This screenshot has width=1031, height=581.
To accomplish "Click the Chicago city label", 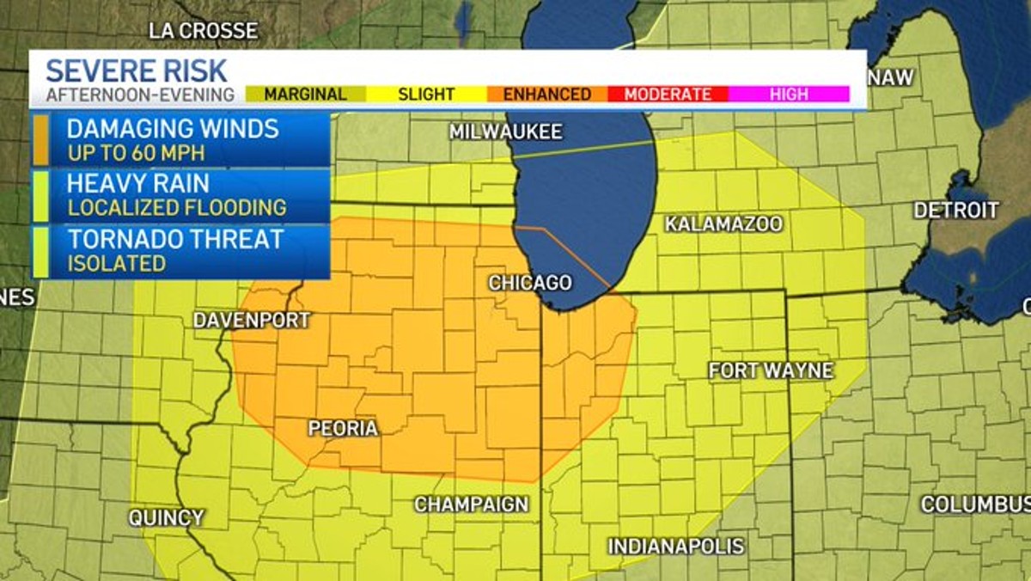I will tap(530, 283).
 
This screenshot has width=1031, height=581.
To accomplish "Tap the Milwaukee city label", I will tap(505, 132).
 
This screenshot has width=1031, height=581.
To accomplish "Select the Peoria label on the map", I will tap(343, 428).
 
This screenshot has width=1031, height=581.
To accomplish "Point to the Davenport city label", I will tap(251, 321).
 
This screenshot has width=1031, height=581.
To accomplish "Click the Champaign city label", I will tap(472, 505).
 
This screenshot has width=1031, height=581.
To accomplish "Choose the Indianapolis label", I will tap(676, 547).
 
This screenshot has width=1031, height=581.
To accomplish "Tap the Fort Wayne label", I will tap(771, 371).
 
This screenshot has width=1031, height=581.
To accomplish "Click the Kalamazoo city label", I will tap(723, 224).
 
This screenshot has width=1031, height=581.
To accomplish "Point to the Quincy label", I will tap(167, 518).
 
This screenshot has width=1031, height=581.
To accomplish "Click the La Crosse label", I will tap(203, 31).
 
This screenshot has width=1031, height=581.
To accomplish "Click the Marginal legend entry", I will tap(305, 95).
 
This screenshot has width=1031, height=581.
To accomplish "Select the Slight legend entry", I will tap(426, 95).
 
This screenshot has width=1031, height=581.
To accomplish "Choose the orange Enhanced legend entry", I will tap(546, 95).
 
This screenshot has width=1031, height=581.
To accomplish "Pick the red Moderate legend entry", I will tap(668, 95).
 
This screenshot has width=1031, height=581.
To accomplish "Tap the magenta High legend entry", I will tap(788, 95).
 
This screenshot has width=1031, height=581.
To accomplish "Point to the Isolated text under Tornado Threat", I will tap(117, 264).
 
